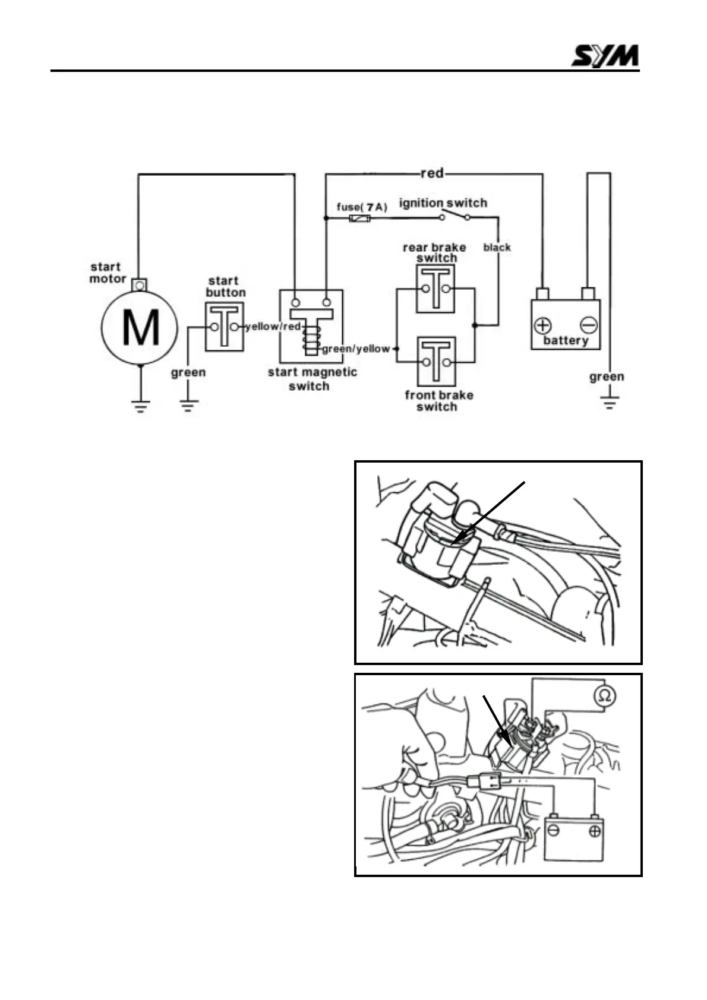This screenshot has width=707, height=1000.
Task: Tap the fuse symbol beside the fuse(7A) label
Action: pyautogui.click(x=360, y=219)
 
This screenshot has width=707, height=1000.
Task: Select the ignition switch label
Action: pyautogui.click(x=443, y=203)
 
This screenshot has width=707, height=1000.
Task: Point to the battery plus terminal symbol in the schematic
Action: pyautogui.click(x=542, y=325)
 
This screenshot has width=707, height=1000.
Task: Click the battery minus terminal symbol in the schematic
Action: pyautogui.click(x=588, y=325)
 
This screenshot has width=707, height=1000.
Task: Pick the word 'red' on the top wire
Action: pyautogui.click(x=432, y=173)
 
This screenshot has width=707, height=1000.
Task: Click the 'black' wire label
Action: pyautogui.click(x=497, y=247)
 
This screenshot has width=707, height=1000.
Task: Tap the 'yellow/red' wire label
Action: pyautogui.click(x=273, y=327)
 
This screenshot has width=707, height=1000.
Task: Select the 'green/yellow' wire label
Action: pyautogui.click(x=356, y=349)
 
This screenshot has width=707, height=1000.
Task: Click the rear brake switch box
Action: pyautogui.click(x=435, y=289)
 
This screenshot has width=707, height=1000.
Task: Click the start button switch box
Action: pyautogui.click(x=225, y=327)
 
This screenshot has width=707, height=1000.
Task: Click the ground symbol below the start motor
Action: pyautogui.click(x=140, y=407)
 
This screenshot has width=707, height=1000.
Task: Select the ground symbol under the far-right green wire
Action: pyautogui.click(x=610, y=403)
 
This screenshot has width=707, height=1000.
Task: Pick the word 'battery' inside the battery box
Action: pyautogui.click(x=565, y=341)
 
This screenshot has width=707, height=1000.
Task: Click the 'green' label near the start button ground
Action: pyautogui.click(x=188, y=373)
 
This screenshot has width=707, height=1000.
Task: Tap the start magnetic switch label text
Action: pyautogui.click(x=312, y=379)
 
